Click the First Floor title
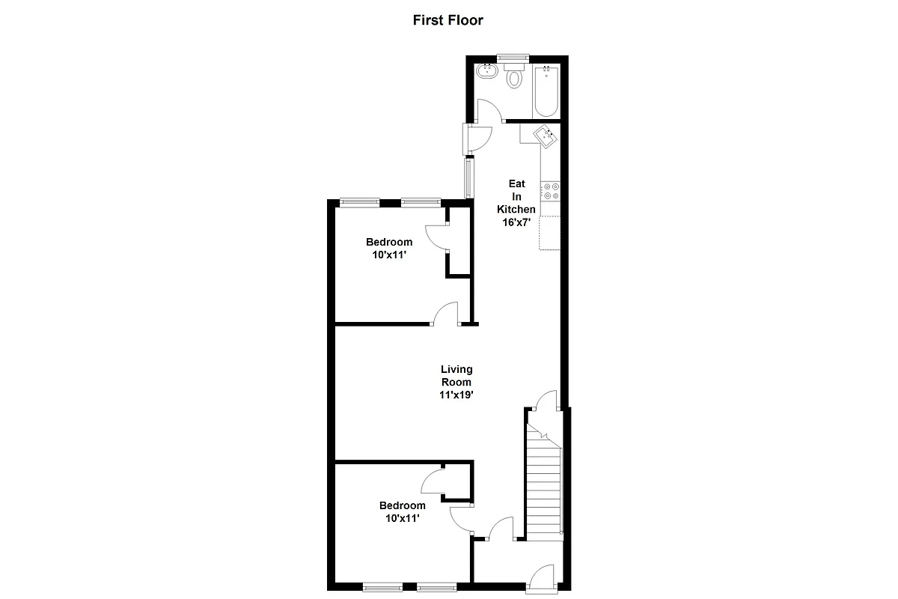(448, 20)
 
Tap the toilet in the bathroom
(514, 77)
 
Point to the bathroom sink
(487, 73)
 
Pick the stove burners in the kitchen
(552, 191)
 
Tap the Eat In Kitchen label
(517, 202)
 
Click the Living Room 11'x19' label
(456, 381)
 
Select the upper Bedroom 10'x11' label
(389, 248)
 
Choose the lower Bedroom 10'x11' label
(402, 511)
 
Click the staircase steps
(543, 487)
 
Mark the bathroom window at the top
(513, 57)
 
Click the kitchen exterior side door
(477, 137)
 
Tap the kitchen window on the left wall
(469, 177)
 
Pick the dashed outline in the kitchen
(550, 231)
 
